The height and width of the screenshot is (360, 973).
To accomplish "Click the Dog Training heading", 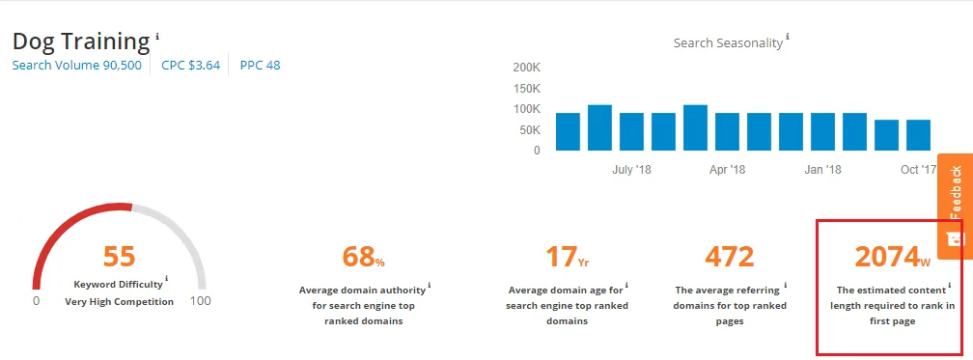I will pos(81,42).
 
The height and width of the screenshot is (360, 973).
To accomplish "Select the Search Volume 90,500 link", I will pos(76,66).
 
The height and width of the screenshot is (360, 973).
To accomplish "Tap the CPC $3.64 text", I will pos(190,66).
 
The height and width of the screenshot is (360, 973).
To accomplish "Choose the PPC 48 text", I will pos(259,66).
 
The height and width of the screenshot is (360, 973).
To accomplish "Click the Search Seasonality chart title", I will pos(728,43).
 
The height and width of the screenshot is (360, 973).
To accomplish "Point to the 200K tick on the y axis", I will pos(526,68).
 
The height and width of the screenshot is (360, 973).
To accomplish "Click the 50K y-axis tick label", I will pos(530,129).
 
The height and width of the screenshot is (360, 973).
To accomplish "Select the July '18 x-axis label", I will pos(632,170).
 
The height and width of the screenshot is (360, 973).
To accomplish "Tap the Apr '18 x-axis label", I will pos(727,170).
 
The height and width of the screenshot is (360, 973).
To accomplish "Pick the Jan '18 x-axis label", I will pos(822,170).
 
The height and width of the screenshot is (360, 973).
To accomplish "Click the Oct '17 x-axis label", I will pos(918,170).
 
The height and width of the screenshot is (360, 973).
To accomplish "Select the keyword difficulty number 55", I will pos(120,256).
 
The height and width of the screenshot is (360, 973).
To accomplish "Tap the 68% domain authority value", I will pos(363,257).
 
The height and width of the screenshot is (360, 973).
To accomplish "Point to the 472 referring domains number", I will pos(729,256).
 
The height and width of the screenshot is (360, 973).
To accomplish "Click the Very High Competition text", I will pos(120,301).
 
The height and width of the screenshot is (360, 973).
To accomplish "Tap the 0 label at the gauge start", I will pos(36,301).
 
